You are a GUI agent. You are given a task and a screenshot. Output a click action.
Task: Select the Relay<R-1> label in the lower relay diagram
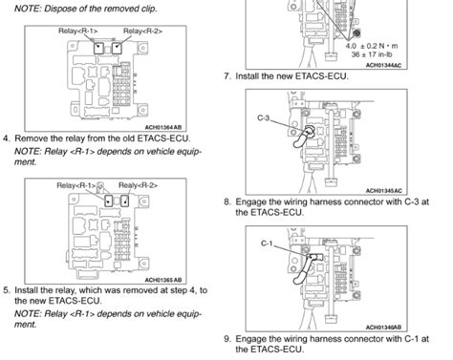[x=77, y=184]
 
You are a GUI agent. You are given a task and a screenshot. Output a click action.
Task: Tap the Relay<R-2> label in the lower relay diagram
[x=139, y=184]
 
